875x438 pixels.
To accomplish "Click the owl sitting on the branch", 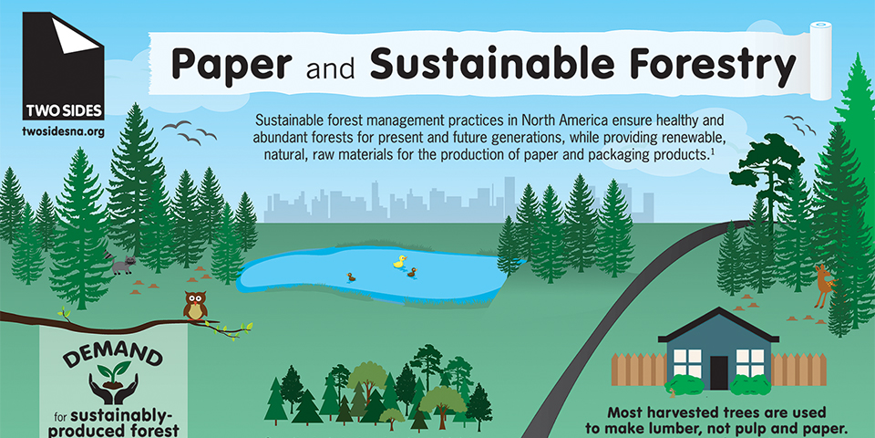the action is pos(195,306).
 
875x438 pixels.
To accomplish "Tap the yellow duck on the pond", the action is pos(399,262).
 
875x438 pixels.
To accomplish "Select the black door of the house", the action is pos(719,372).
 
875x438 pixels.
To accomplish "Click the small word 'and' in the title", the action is pos(330,68).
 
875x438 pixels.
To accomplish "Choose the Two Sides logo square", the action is pos(63,66).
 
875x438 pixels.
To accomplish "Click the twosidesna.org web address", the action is pos(63,131).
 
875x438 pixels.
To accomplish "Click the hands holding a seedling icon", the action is pos(114,382).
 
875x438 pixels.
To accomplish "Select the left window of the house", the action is pos(686,362).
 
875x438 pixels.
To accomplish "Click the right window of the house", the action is pos(750,362).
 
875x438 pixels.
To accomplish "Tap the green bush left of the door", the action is pos(684,385).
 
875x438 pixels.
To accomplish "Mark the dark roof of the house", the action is pos(719,325).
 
